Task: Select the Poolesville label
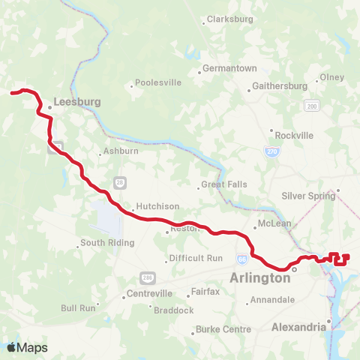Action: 160,83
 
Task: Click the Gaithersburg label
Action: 280,86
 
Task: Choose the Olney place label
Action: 331,77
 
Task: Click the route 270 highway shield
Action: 270,151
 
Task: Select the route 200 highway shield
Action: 311,106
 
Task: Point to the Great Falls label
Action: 223,184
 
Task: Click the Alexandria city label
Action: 298,327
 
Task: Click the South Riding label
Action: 107,243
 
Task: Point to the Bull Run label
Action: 79,307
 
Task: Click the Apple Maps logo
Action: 27,347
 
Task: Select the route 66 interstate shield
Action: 241,259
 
